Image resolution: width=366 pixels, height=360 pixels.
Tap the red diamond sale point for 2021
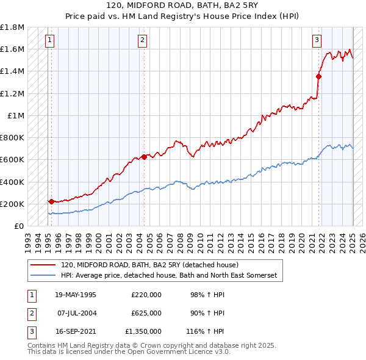[x=318, y=76]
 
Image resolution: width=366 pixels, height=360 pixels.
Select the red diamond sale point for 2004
[x=144, y=157]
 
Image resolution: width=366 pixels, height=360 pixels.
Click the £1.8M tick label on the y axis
[x=13, y=27]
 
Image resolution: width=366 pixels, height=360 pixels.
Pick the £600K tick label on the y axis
[x=13, y=160]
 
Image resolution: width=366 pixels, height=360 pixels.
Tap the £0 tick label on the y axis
[x=19, y=226]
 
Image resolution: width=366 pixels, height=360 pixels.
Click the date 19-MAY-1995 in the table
[x=75, y=295]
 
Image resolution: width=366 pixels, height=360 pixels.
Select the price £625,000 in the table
[x=146, y=313]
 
